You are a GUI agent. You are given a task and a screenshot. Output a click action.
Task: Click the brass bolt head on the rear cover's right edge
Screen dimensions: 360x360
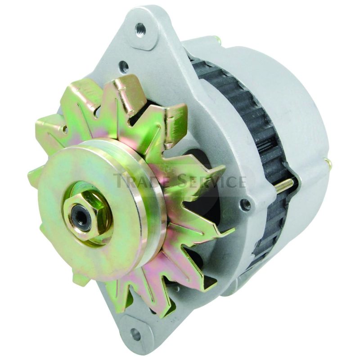328,162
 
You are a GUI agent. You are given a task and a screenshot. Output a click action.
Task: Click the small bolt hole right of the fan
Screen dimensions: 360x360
246,205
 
